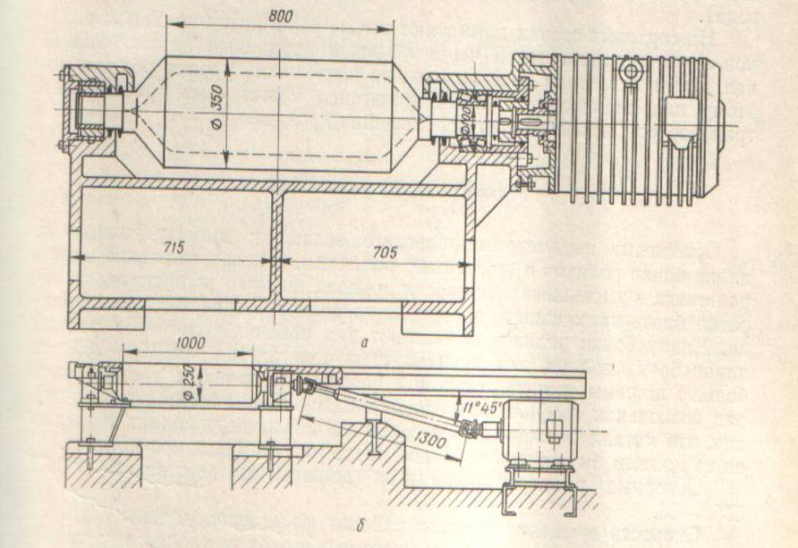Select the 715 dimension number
(174, 249)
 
